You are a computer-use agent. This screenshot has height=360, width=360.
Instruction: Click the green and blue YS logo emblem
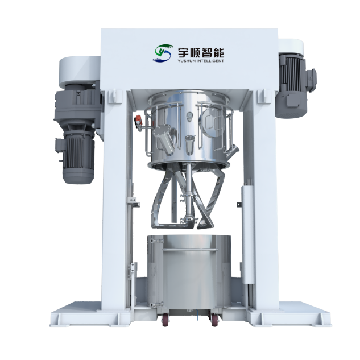pos(163,53)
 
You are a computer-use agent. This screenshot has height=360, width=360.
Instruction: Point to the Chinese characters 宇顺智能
pos(201,52)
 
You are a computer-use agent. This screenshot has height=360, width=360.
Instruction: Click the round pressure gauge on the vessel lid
pos(189,115)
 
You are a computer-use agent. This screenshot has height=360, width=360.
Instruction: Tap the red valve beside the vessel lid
pos(138,119)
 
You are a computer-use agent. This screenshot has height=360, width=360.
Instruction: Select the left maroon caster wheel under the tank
pos(165,320)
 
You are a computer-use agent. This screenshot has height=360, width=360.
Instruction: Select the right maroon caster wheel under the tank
pos(214,320)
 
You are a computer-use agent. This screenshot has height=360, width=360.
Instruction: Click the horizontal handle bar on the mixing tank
pos(189,249)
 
